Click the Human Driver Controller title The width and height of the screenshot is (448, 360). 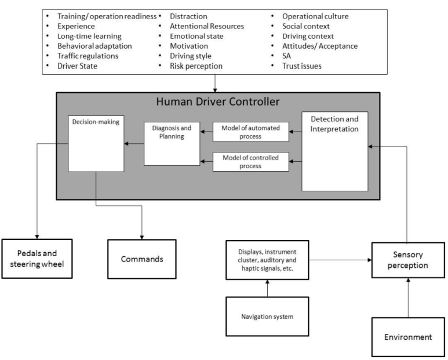coord(218,101)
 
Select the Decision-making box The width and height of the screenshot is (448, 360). coord(96,143)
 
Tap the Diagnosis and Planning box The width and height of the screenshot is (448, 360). coord(172,144)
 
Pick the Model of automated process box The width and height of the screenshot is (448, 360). coord(250,132)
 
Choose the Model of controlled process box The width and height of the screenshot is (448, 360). coord(250,162)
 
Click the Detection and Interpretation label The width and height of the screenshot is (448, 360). coord(334,124)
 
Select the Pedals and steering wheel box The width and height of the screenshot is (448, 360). coord(37,259)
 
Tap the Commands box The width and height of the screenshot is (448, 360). coord(142,259)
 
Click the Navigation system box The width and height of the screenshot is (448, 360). coord(267,317)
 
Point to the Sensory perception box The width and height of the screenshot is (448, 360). coord(408,260)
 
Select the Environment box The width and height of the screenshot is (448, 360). coord(408,337)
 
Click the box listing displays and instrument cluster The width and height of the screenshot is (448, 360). coord(267,260)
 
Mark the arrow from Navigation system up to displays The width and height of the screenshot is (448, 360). coord(267,288)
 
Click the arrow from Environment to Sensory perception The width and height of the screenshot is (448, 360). coord(408,298)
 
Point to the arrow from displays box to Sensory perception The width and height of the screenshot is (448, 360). coord(340,260)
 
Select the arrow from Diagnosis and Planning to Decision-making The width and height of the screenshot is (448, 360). coord(134,143)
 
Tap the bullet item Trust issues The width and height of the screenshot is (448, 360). coord(302,66)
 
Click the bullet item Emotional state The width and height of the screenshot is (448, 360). coord(196,37)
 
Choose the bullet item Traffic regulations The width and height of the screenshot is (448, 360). coord(88,56)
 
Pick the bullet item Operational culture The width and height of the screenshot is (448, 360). coord(315,17)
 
